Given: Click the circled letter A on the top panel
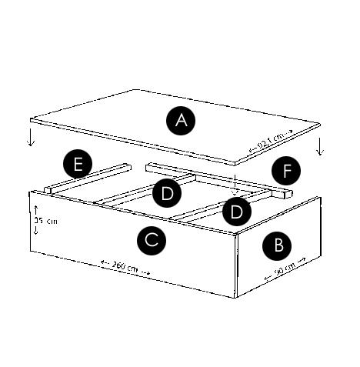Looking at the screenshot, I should tap(182, 120).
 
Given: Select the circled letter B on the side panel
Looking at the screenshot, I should tap(278, 246).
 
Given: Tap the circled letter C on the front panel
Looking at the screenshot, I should tap(152, 241).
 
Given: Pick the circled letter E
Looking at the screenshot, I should tap(78, 164).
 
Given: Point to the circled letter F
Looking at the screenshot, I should tap(285, 172).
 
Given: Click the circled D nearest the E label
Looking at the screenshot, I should tap(166, 193).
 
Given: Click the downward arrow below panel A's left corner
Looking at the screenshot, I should tap(31, 138).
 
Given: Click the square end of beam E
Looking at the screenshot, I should tap(49, 189).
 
